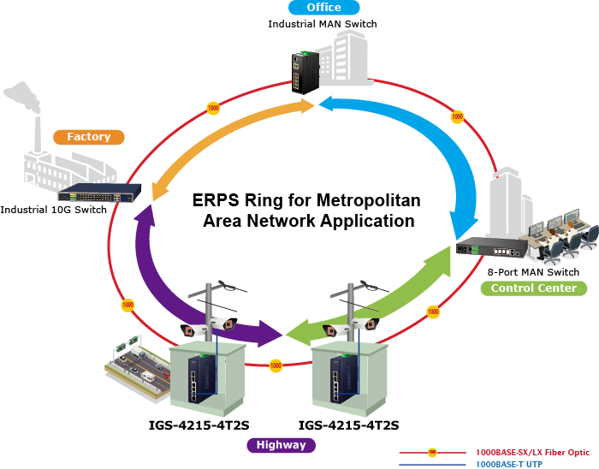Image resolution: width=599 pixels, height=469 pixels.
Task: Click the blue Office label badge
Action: coord(323,9)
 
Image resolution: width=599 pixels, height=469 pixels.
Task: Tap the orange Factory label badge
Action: coord(89,137)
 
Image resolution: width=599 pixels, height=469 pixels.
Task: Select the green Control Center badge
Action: coord(533,288)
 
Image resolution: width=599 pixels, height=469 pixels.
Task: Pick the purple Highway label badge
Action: coord(282,445)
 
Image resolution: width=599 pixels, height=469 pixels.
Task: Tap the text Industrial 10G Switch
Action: coord(54,209)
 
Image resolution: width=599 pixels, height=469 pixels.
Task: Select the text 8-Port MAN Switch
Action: coord(533,272)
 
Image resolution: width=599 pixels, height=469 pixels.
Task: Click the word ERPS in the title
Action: coord(217,202)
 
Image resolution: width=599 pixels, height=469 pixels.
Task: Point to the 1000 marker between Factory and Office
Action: coord(213,109)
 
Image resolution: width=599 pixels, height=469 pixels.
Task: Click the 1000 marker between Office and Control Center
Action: coord(457,116)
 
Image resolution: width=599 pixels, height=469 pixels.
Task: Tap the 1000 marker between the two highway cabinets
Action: coord(276,365)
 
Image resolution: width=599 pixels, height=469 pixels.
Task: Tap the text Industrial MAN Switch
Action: coord(323,24)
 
